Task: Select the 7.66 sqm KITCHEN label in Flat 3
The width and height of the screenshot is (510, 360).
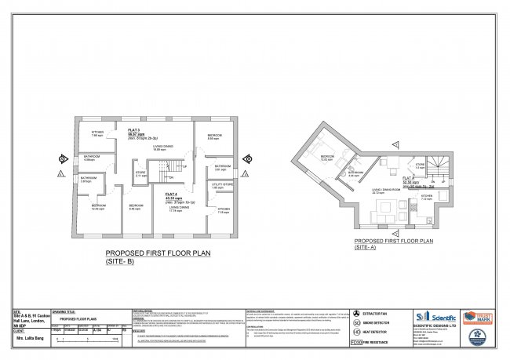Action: tap(97, 134)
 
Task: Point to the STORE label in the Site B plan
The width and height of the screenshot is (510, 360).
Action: tap(140, 173)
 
